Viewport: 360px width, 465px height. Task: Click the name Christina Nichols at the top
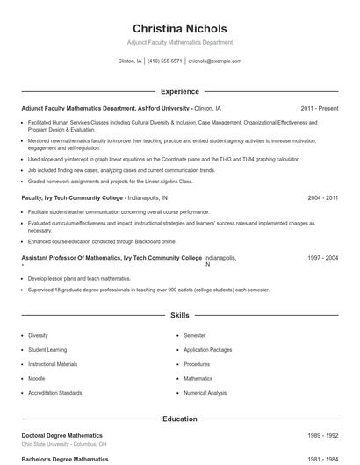click(179, 28)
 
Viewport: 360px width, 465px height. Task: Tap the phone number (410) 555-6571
click(164, 61)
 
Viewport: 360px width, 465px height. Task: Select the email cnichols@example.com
click(214, 61)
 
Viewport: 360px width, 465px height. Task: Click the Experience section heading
click(179, 91)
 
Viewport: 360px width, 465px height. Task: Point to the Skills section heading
click(179, 314)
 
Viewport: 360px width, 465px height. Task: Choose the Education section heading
click(179, 419)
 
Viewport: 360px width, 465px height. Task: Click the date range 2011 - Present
click(319, 108)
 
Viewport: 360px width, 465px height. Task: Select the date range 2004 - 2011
click(322, 198)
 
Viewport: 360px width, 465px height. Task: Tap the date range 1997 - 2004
click(322, 258)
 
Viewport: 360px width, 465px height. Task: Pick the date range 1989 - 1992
click(322, 435)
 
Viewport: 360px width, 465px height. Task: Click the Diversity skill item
click(38, 335)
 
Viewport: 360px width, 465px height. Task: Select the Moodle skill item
click(37, 378)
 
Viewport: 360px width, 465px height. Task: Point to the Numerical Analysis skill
click(205, 393)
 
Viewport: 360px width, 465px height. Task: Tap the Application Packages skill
click(207, 349)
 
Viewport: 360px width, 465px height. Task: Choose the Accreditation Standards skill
click(54, 393)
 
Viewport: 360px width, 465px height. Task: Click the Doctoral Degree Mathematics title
click(61, 435)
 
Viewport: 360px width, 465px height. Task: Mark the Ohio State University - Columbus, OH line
click(64, 445)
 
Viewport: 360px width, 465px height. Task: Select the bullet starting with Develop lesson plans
click(78, 278)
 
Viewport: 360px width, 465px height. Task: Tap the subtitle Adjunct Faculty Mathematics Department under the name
click(179, 42)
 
